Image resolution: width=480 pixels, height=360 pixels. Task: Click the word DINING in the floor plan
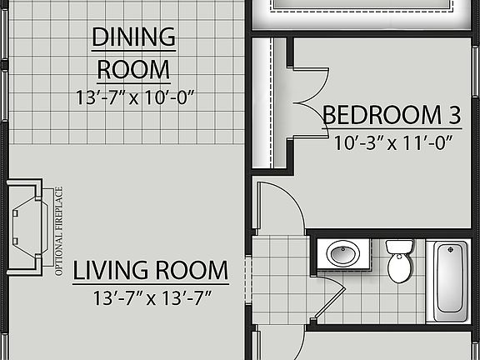(133, 37)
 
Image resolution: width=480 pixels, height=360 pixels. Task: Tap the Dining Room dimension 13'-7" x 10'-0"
(134, 97)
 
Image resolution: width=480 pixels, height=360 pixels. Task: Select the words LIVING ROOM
(150, 271)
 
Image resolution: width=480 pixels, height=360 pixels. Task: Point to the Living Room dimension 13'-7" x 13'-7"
(150, 297)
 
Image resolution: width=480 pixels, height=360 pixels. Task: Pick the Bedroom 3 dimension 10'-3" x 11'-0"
(392, 142)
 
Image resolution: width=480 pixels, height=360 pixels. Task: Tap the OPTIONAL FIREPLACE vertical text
(59, 231)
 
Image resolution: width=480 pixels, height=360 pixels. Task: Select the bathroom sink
(342, 253)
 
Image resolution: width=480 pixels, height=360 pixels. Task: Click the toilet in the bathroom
(400, 260)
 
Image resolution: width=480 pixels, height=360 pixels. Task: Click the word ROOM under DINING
(134, 68)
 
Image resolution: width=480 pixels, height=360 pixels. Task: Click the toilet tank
(400, 247)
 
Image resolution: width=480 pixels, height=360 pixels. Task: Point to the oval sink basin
(342, 252)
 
